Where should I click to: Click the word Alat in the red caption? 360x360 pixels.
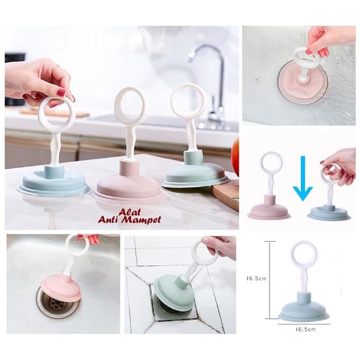tap(130, 212)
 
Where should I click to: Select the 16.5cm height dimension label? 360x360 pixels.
tap(257, 278)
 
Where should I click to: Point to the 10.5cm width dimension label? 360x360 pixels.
tap(305, 329)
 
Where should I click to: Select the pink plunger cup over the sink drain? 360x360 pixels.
tap(61, 287)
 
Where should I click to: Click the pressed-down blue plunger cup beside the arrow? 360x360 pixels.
tap(329, 213)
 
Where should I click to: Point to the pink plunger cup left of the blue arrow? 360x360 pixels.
tap(269, 208)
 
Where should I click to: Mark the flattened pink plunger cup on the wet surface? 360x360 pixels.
tap(301, 82)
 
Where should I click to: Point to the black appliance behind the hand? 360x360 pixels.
tap(15, 79)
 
